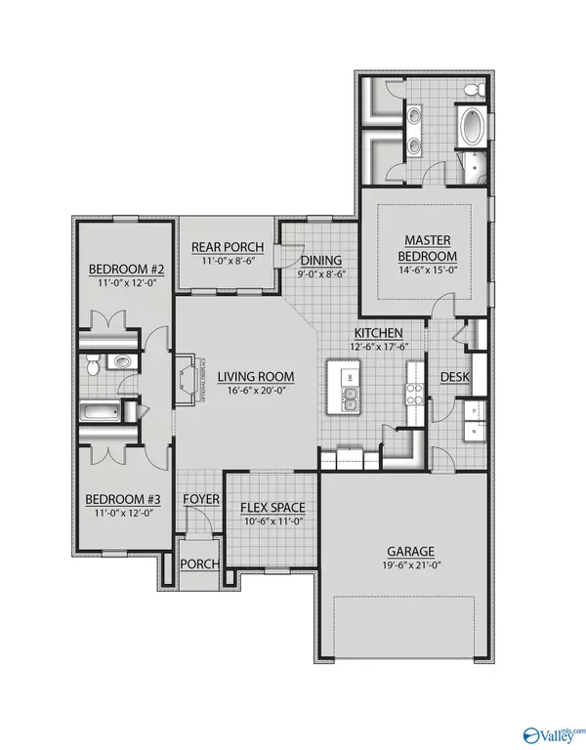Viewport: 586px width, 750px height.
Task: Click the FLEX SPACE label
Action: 272,507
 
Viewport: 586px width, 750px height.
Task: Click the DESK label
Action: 456,377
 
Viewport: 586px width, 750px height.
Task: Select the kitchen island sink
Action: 349,396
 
